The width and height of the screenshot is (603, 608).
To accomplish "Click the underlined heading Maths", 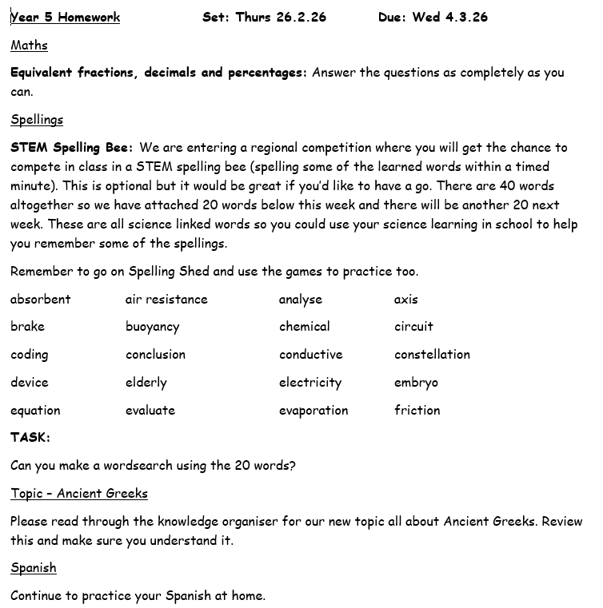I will [29, 46].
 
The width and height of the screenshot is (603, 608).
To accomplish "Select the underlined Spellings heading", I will [37, 120].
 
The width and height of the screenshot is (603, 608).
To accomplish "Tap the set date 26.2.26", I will [301, 17].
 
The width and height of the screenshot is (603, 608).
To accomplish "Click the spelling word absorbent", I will [41, 300].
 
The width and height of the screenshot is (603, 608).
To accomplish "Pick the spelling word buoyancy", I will [152, 327].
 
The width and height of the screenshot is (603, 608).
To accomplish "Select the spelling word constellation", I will [432, 355].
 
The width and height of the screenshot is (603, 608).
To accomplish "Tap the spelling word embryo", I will [416, 383].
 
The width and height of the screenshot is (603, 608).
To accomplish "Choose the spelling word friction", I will [417, 411].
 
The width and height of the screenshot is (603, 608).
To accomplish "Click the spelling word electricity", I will [310, 383].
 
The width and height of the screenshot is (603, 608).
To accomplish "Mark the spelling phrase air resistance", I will [166, 300].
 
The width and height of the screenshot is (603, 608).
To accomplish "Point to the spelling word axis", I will [405, 300].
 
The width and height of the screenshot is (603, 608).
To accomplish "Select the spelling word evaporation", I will [313, 411].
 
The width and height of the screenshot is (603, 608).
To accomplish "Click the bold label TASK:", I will [30, 438].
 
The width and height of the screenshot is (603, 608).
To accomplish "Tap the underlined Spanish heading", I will [34, 568].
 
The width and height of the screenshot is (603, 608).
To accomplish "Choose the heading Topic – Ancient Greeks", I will [79, 494].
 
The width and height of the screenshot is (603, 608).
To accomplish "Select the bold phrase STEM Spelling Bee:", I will [72, 148].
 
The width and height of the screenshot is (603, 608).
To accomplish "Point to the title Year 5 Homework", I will [66, 17].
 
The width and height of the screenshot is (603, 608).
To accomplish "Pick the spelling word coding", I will [30, 355].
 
